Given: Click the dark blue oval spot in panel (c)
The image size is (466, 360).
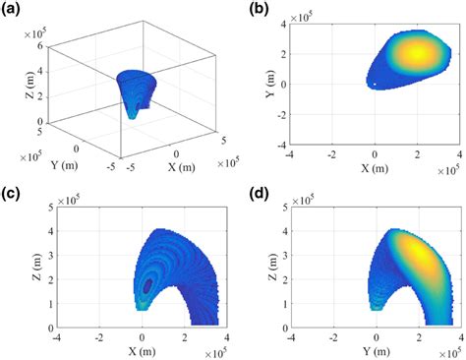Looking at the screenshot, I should [x=147, y=285].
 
